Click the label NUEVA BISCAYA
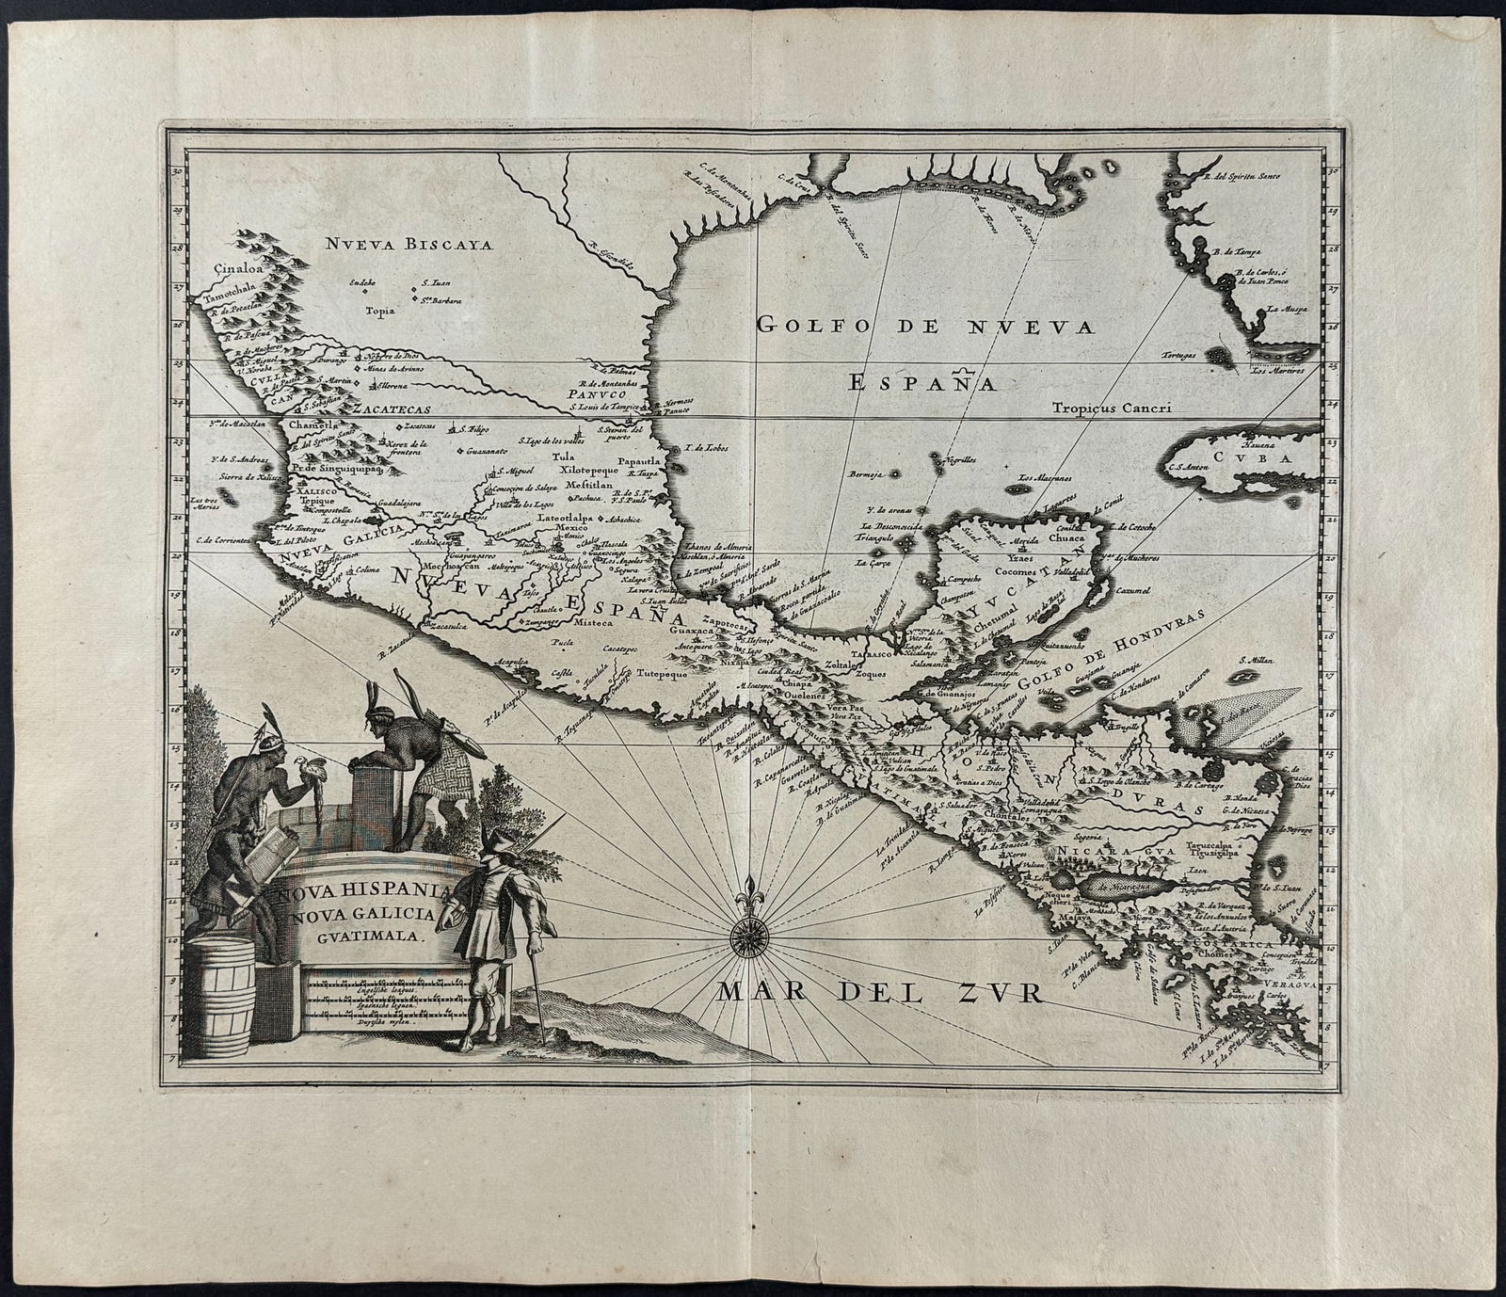point(409,246)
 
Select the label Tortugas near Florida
point(1178,355)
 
